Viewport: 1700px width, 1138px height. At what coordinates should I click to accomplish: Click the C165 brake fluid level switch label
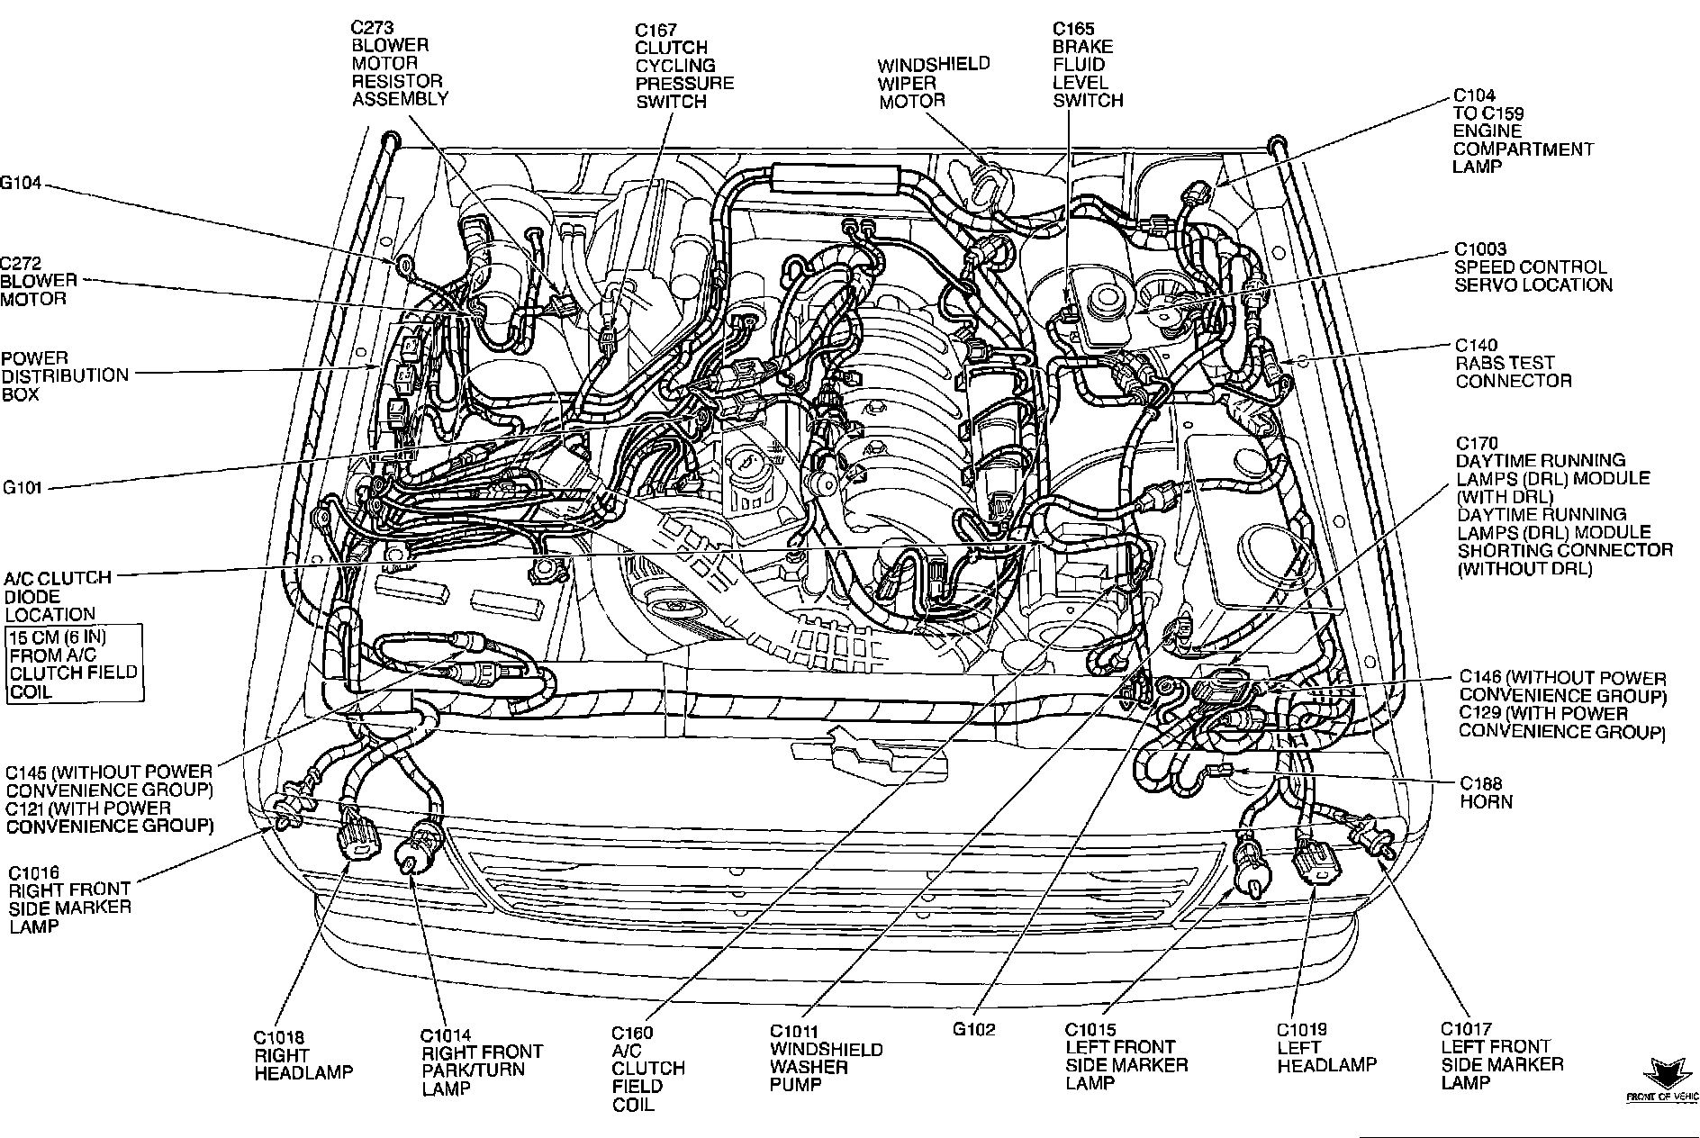tap(1088, 65)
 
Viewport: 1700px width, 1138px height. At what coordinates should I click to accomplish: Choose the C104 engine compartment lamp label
tap(1522, 131)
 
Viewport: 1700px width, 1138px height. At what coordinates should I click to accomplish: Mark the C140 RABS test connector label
tap(1513, 363)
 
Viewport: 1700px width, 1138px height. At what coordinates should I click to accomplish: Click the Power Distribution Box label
tap(64, 375)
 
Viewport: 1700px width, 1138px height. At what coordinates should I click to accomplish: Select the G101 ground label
tap(22, 488)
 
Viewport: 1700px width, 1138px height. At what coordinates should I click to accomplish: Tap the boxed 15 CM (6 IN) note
tap(74, 664)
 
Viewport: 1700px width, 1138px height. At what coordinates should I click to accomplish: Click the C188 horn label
tap(1486, 792)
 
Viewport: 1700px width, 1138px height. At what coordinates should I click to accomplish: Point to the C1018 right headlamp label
tap(303, 1054)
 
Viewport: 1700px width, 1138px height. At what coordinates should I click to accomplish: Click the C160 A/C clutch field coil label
tap(647, 1068)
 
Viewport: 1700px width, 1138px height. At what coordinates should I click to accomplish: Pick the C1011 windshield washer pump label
tap(825, 1059)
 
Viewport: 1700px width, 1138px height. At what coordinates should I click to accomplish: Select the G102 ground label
tap(973, 1029)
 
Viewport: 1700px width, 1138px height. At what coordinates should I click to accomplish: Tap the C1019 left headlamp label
tap(1325, 1048)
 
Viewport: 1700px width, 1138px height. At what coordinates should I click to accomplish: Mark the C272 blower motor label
tap(38, 281)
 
